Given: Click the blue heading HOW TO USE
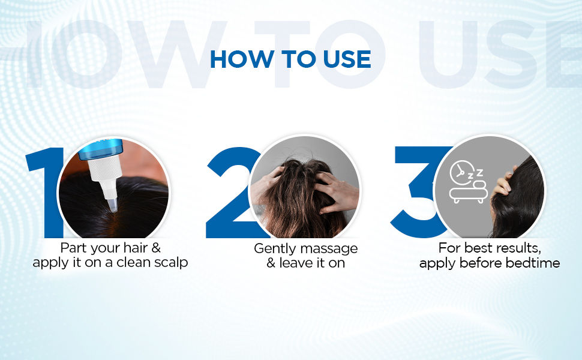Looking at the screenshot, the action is coord(290,59).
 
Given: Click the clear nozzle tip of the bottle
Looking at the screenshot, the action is coord(113,205).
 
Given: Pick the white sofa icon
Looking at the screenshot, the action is coord(468,192).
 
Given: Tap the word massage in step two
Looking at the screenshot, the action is coord(329,249).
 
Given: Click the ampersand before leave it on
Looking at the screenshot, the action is coord(271,263).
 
